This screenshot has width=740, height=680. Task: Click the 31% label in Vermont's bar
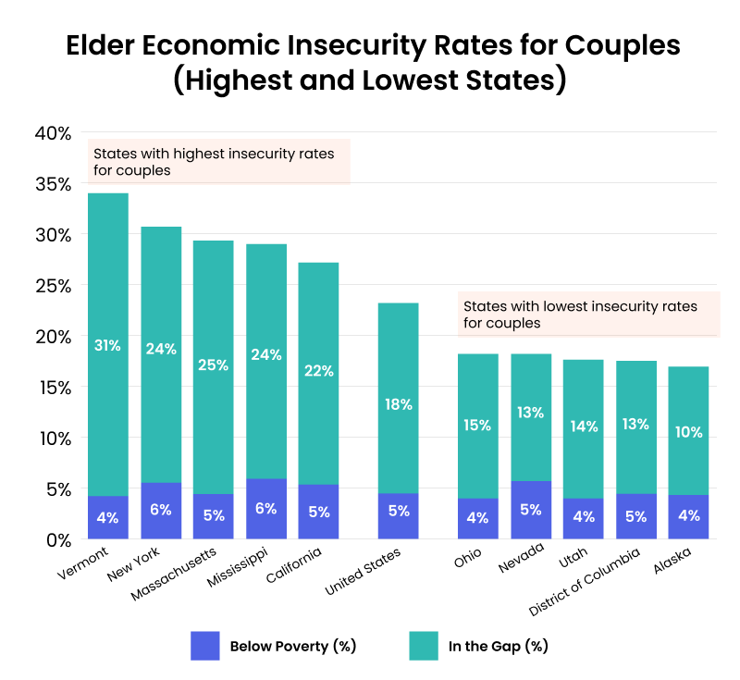click(107, 345)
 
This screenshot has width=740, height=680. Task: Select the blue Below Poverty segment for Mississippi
click(266, 509)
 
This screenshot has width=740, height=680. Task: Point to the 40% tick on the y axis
click(53, 133)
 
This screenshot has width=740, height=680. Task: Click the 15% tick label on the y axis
click(53, 388)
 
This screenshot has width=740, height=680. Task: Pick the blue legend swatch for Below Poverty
click(204, 645)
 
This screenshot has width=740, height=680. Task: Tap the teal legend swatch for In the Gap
click(423, 645)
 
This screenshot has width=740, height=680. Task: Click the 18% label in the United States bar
click(399, 404)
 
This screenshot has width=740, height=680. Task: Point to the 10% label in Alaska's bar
click(688, 432)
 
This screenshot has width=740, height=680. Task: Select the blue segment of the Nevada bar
click(531, 510)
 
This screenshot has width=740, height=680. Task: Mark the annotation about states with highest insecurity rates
click(218, 162)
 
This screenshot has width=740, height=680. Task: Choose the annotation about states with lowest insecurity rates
click(588, 315)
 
